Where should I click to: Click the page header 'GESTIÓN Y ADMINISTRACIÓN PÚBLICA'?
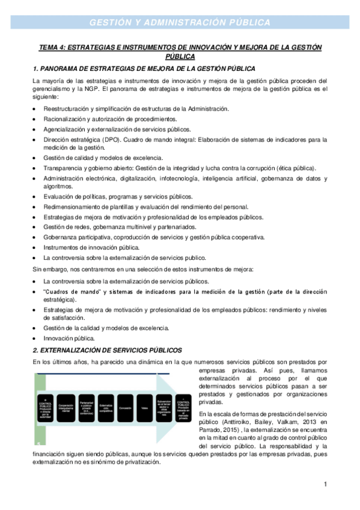[180, 22]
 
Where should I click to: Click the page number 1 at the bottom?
[325, 484]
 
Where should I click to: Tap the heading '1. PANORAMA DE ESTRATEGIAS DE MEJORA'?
[144, 69]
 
